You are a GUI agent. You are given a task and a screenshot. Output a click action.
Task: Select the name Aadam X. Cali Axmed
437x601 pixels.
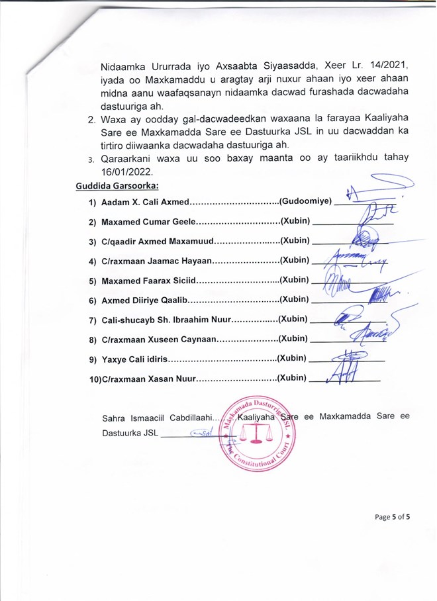point(145,201)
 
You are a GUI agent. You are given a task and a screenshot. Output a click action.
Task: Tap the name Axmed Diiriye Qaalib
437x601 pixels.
point(145,300)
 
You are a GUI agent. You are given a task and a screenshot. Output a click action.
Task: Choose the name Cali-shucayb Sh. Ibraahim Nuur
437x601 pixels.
point(165,320)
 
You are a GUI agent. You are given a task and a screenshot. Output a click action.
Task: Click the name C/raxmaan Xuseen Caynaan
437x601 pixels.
point(159,339)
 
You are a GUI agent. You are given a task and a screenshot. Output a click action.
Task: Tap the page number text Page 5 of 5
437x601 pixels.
point(393,517)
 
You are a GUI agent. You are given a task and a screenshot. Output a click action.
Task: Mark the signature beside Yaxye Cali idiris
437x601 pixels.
point(349,361)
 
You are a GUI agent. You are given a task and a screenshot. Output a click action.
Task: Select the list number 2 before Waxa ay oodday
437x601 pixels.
point(91,120)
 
